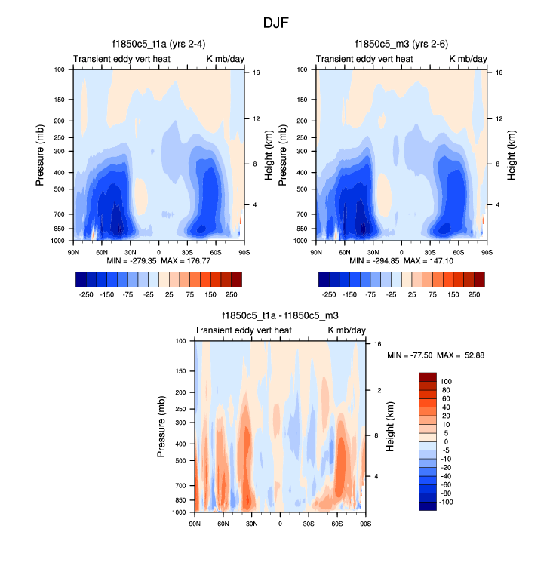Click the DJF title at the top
coord(275,23)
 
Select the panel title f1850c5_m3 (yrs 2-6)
coord(401,44)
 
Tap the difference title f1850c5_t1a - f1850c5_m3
coord(280,316)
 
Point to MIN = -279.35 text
coord(131,260)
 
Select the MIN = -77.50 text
coord(413,355)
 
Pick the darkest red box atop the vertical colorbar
coord(429,377)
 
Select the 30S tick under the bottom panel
coord(309,523)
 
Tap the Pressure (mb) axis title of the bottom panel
coord(161,427)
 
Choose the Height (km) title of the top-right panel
coord(512,155)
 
